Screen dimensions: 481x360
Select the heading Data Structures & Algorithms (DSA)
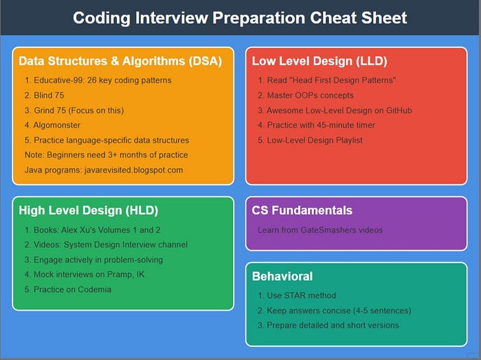click(x=120, y=61)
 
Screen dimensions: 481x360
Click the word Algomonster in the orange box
click(x=57, y=125)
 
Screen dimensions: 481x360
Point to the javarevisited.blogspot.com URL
click(x=134, y=170)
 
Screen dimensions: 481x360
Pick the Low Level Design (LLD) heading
click(x=320, y=61)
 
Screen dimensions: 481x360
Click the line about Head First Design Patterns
click(x=326, y=80)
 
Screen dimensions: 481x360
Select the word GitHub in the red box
click(x=399, y=111)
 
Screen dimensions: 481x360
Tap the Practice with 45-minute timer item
click(x=316, y=125)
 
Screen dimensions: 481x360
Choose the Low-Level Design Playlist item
click(x=310, y=140)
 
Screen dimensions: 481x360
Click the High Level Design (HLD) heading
click(x=89, y=210)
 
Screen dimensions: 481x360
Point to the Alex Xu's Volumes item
click(x=92, y=230)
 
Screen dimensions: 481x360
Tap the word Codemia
click(x=95, y=289)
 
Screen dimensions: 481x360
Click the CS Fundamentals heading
click(x=302, y=210)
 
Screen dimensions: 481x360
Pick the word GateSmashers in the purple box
click(x=329, y=230)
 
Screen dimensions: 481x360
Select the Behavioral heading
click(x=282, y=276)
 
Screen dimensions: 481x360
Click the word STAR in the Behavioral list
click(x=295, y=295)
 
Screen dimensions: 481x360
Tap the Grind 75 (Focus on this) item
click(x=74, y=111)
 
